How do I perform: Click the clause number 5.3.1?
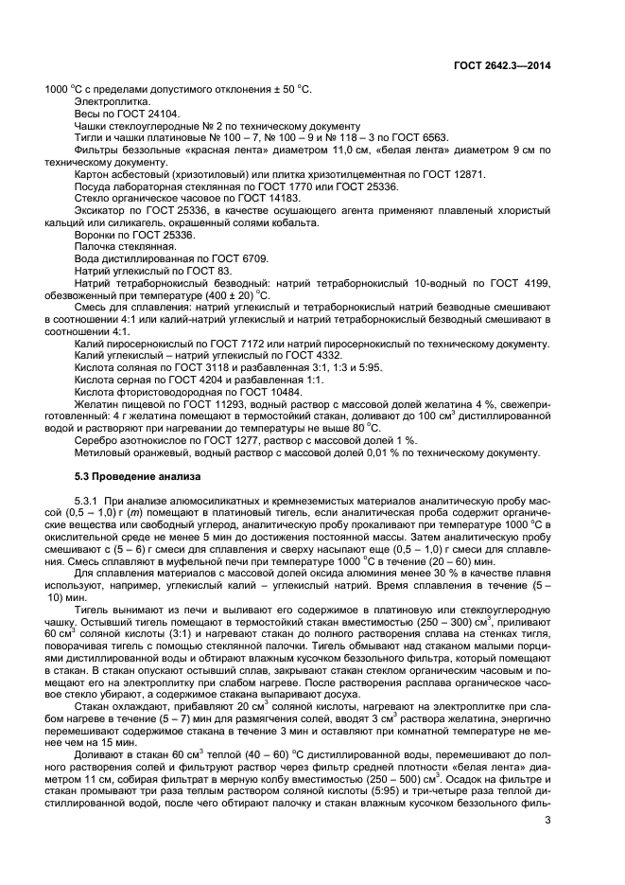point(88,499)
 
